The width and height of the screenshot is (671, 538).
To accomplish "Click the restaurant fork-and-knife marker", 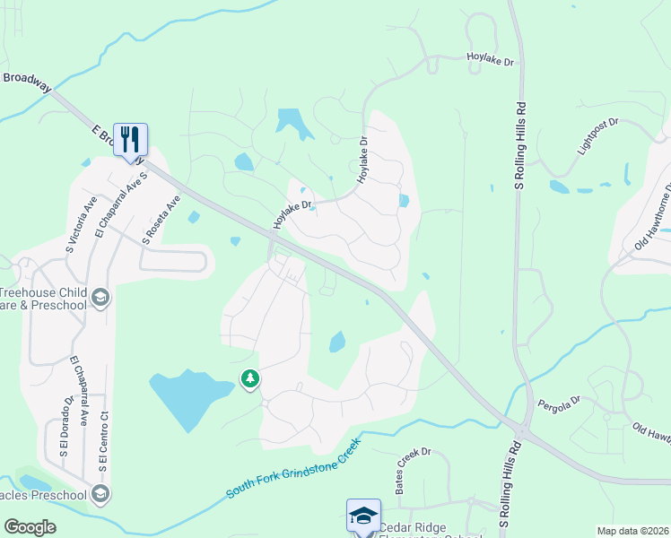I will [130, 140].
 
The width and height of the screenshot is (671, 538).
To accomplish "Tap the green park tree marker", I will [250, 380].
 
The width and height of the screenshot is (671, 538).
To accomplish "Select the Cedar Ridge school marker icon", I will [363, 516].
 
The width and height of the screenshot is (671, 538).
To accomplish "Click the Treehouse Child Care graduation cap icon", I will [100, 298].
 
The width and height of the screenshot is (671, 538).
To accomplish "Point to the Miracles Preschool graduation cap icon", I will [100, 493].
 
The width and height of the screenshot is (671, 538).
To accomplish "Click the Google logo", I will [30, 527].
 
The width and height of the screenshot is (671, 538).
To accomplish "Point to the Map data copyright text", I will [632, 531].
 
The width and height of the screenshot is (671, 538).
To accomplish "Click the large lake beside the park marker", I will [187, 395].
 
